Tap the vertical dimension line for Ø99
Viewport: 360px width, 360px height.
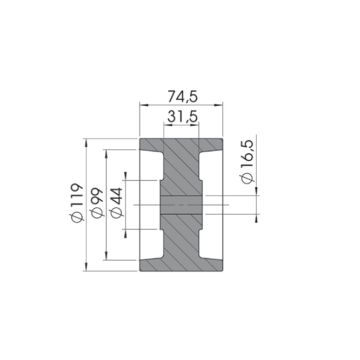(108, 204)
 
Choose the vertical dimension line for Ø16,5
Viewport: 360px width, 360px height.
(257, 205)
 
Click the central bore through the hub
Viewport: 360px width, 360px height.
(180, 205)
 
